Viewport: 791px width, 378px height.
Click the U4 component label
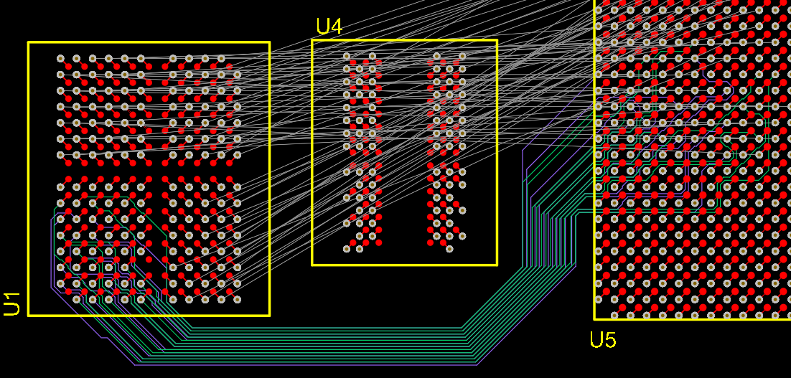[x=329, y=27]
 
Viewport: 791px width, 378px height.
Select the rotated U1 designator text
[x=12, y=303]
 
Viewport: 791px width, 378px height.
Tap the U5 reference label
[x=602, y=339]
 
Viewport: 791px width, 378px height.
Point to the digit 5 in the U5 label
[x=609, y=339]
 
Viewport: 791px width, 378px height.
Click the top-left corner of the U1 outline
[x=29, y=42]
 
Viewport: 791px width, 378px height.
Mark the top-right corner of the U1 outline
[x=269, y=42]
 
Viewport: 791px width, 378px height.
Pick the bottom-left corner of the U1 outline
[x=29, y=315]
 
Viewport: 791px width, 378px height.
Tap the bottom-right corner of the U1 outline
[x=269, y=315]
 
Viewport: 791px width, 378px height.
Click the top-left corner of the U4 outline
[x=312, y=40]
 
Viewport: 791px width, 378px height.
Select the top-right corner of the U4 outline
[x=497, y=40]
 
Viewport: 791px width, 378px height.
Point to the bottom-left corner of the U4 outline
[x=312, y=265]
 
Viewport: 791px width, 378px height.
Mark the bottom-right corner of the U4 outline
[x=497, y=265]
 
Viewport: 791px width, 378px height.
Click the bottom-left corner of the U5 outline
[x=594, y=318]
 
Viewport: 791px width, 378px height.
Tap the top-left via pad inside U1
[x=60, y=58]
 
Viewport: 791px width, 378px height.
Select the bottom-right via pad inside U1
[x=237, y=299]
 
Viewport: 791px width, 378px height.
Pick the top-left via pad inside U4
[x=347, y=56]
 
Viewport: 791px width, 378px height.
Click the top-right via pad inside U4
[x=462, y=56]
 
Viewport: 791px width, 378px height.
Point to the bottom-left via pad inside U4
[x=347, y=249]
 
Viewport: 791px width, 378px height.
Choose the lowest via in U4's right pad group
[x=449, y=249]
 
